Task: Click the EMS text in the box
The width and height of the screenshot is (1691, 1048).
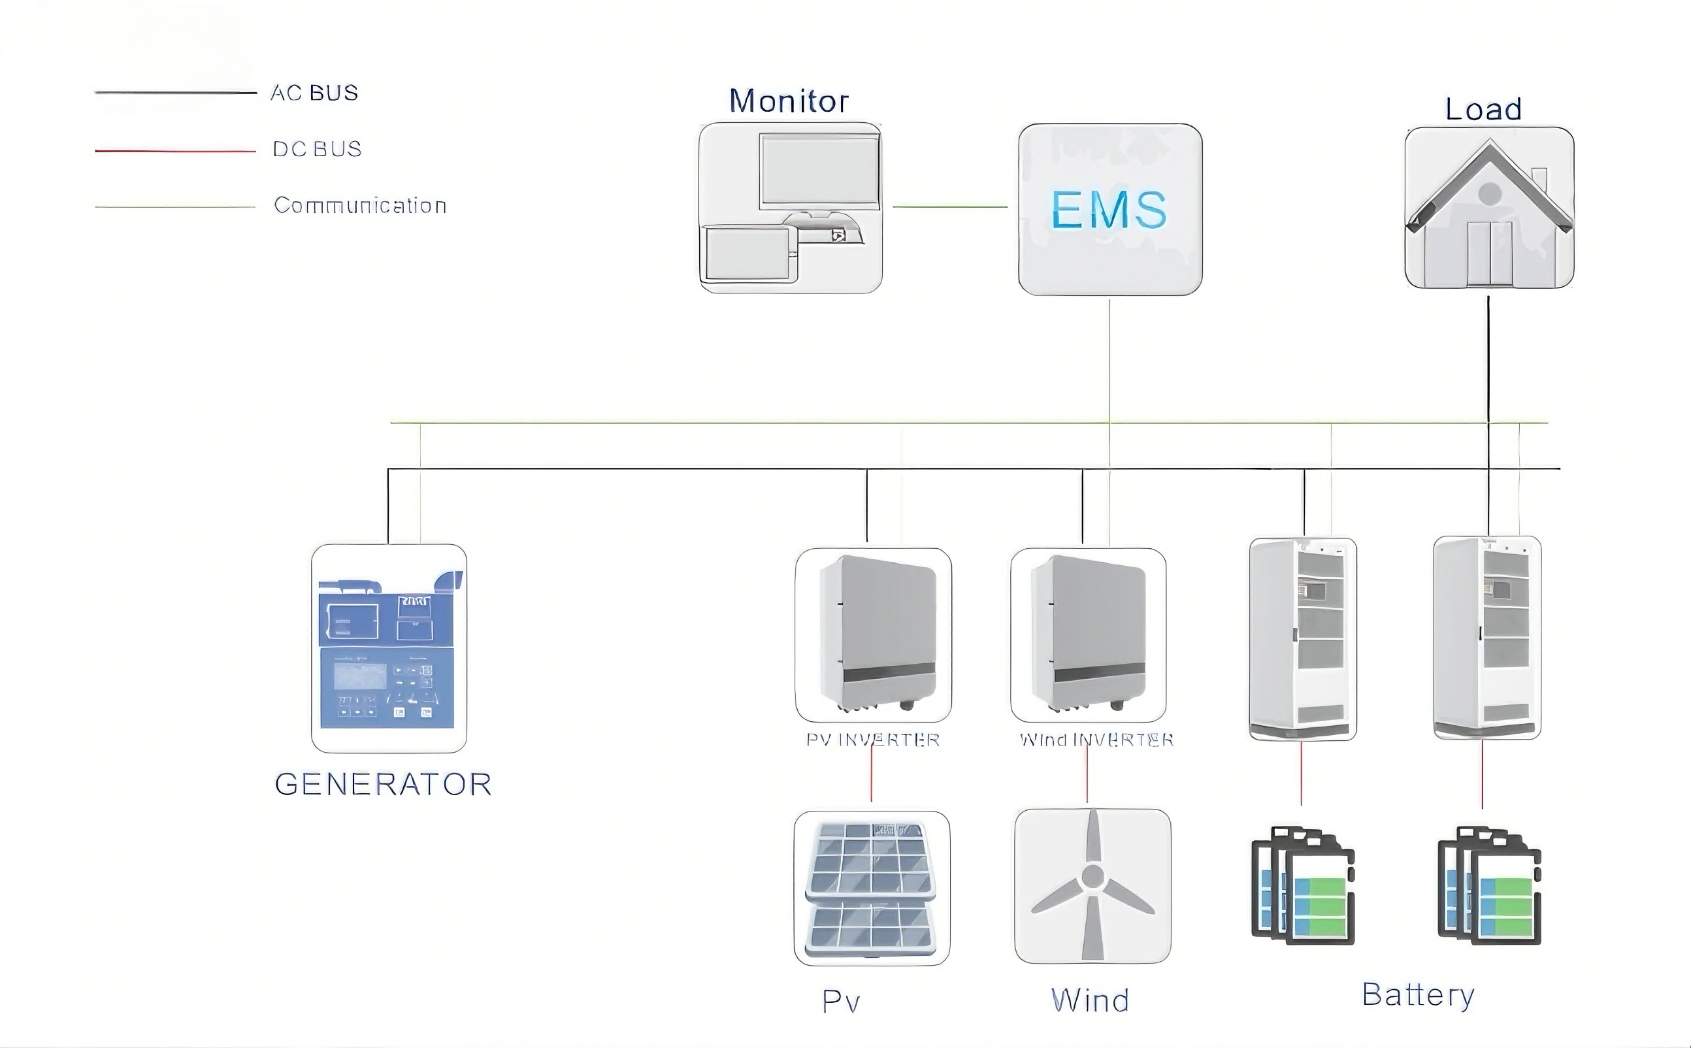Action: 1109,209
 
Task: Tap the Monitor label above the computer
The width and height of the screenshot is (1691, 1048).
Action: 789,101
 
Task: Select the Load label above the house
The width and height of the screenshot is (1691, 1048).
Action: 1483,110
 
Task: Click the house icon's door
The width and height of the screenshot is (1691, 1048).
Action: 1490,253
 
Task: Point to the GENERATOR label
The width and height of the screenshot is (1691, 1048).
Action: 382,785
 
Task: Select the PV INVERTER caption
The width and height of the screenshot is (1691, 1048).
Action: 872,740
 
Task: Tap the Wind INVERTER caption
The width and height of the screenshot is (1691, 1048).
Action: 1096,740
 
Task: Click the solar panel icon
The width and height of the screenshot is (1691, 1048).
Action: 871,889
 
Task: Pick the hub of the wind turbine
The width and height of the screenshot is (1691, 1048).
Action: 1093,877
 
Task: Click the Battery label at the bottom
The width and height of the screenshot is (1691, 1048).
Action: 1418,995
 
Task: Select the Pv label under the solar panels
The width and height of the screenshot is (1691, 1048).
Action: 841,1002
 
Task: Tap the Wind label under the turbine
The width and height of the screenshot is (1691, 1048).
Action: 1090,1001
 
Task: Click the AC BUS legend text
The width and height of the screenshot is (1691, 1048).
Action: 314,93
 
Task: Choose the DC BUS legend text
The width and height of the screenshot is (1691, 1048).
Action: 317,149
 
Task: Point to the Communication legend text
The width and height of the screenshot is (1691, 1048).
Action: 359,205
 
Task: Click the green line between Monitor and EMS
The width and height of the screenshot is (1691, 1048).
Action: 949,206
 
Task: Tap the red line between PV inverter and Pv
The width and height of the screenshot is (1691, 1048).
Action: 871,775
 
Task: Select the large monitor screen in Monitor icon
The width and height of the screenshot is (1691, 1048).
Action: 820,170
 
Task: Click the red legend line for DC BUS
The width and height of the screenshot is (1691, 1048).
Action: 175,150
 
